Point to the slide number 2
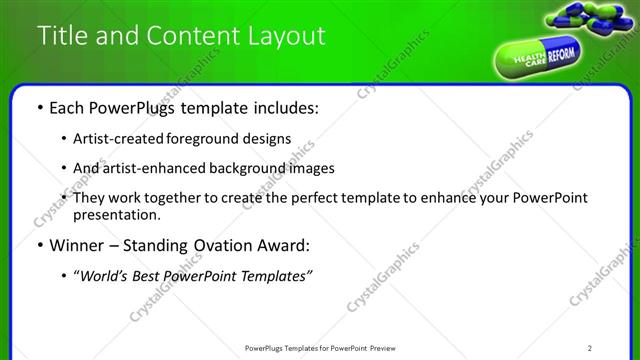coord(591,348)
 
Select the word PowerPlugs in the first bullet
coord(126,107)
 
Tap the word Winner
coord(71,245)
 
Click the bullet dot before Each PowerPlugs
coord(39,108)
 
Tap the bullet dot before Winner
coord(39,246)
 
